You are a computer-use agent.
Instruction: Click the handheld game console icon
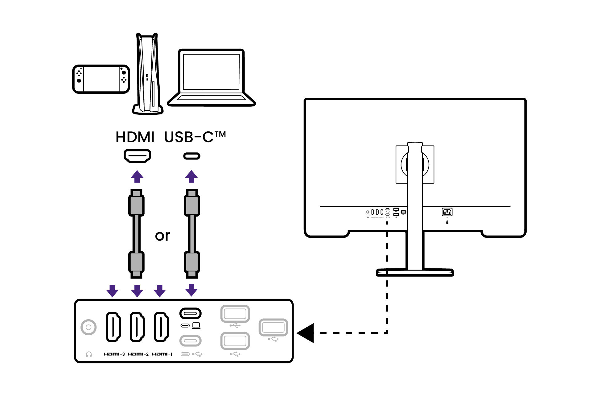click(101, 79)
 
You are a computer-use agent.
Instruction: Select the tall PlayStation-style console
click(148, 74)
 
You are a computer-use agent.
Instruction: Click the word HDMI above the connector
click(135, 137)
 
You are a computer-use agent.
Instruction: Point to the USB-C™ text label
click(195, 137)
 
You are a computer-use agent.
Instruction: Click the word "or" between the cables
click(162, 236)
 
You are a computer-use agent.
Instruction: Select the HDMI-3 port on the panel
click(113, 327)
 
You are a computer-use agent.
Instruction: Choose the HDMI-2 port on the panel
click(137, 327)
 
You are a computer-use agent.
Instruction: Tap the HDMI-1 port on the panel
click(161, 327)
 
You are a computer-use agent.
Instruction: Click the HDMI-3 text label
click(114, 354)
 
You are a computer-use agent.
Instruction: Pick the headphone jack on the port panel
click(88, 327)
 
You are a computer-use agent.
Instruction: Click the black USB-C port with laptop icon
click(190, 314)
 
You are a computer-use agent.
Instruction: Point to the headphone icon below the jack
click(89, 354)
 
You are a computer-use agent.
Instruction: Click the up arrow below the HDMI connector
click(137, 176)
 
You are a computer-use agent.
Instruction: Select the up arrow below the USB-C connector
click(191, 176)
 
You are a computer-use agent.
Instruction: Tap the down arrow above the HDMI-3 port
click(112, 291)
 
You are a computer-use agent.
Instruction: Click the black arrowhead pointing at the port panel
click(306, 333)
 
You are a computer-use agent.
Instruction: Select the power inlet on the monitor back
click(447, 212)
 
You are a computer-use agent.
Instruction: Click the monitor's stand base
click(415, 272)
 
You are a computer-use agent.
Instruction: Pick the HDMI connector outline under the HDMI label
click(137, 156)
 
